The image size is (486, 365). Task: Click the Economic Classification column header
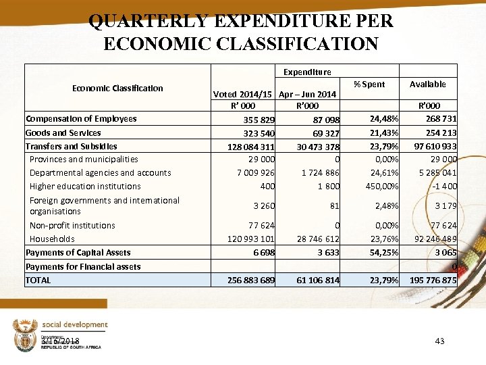pos(117,88)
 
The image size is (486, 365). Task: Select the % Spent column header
pos(369,84)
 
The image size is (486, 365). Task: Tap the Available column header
pos(427,84)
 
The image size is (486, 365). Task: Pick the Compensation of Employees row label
pos(81,119)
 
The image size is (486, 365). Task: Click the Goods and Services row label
pos(63,133)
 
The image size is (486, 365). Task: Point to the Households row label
pos(52,239)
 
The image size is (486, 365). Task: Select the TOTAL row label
pos(38,280)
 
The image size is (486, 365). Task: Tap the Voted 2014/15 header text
pos(243,95)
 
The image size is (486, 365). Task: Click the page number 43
pos(439,341)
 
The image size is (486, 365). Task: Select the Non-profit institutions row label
pos(72,226)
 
